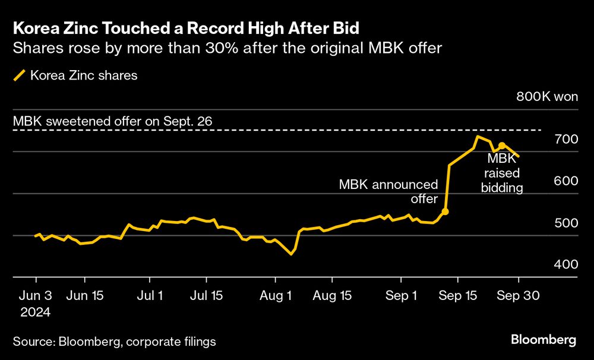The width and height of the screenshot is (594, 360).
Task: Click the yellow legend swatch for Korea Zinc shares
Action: (19, 75)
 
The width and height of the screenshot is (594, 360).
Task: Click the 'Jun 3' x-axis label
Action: (36, 295)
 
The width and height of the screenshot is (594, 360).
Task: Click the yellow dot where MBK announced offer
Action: (445, 211)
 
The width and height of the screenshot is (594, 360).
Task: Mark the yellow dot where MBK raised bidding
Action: (502, 146)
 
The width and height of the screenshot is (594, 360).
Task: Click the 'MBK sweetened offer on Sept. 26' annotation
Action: (113, 122)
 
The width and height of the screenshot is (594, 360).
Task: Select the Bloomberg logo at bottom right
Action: (544, 340)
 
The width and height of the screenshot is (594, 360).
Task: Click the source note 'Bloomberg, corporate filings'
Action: (114, 341)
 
